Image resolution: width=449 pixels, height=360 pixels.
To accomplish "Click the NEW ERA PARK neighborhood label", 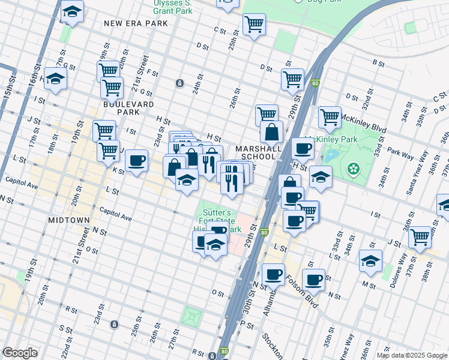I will pyautogui.click(x=135, y=23).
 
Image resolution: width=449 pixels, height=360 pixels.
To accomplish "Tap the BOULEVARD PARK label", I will pyautogui.click(x=121, y=108).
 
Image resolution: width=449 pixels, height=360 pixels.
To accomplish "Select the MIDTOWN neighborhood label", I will pyautogui.click(x=69, y=220).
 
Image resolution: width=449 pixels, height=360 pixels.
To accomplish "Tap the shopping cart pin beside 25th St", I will pyautogui.click(x=254, y=25).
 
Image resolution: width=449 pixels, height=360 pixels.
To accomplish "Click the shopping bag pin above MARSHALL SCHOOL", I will pyautogui.click(x=272, y=131).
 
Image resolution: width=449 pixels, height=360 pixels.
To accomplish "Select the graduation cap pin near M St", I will pyautogui.click(x=370, y=260).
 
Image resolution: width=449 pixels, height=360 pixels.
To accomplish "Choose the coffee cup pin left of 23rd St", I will pyautogui.click(x=136, y=161).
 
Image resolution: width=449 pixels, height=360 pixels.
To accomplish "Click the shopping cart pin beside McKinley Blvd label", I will pyautogui.click(x=330, y=118).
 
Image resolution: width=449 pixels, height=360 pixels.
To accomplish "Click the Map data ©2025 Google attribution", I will pyautogui.click(x=411, y=355).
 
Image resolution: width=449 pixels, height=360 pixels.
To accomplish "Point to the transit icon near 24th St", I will pyautogui.click(x=179, y=83).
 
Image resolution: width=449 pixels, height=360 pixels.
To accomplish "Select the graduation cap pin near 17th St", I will pyautogui.click(x=55, y=79).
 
